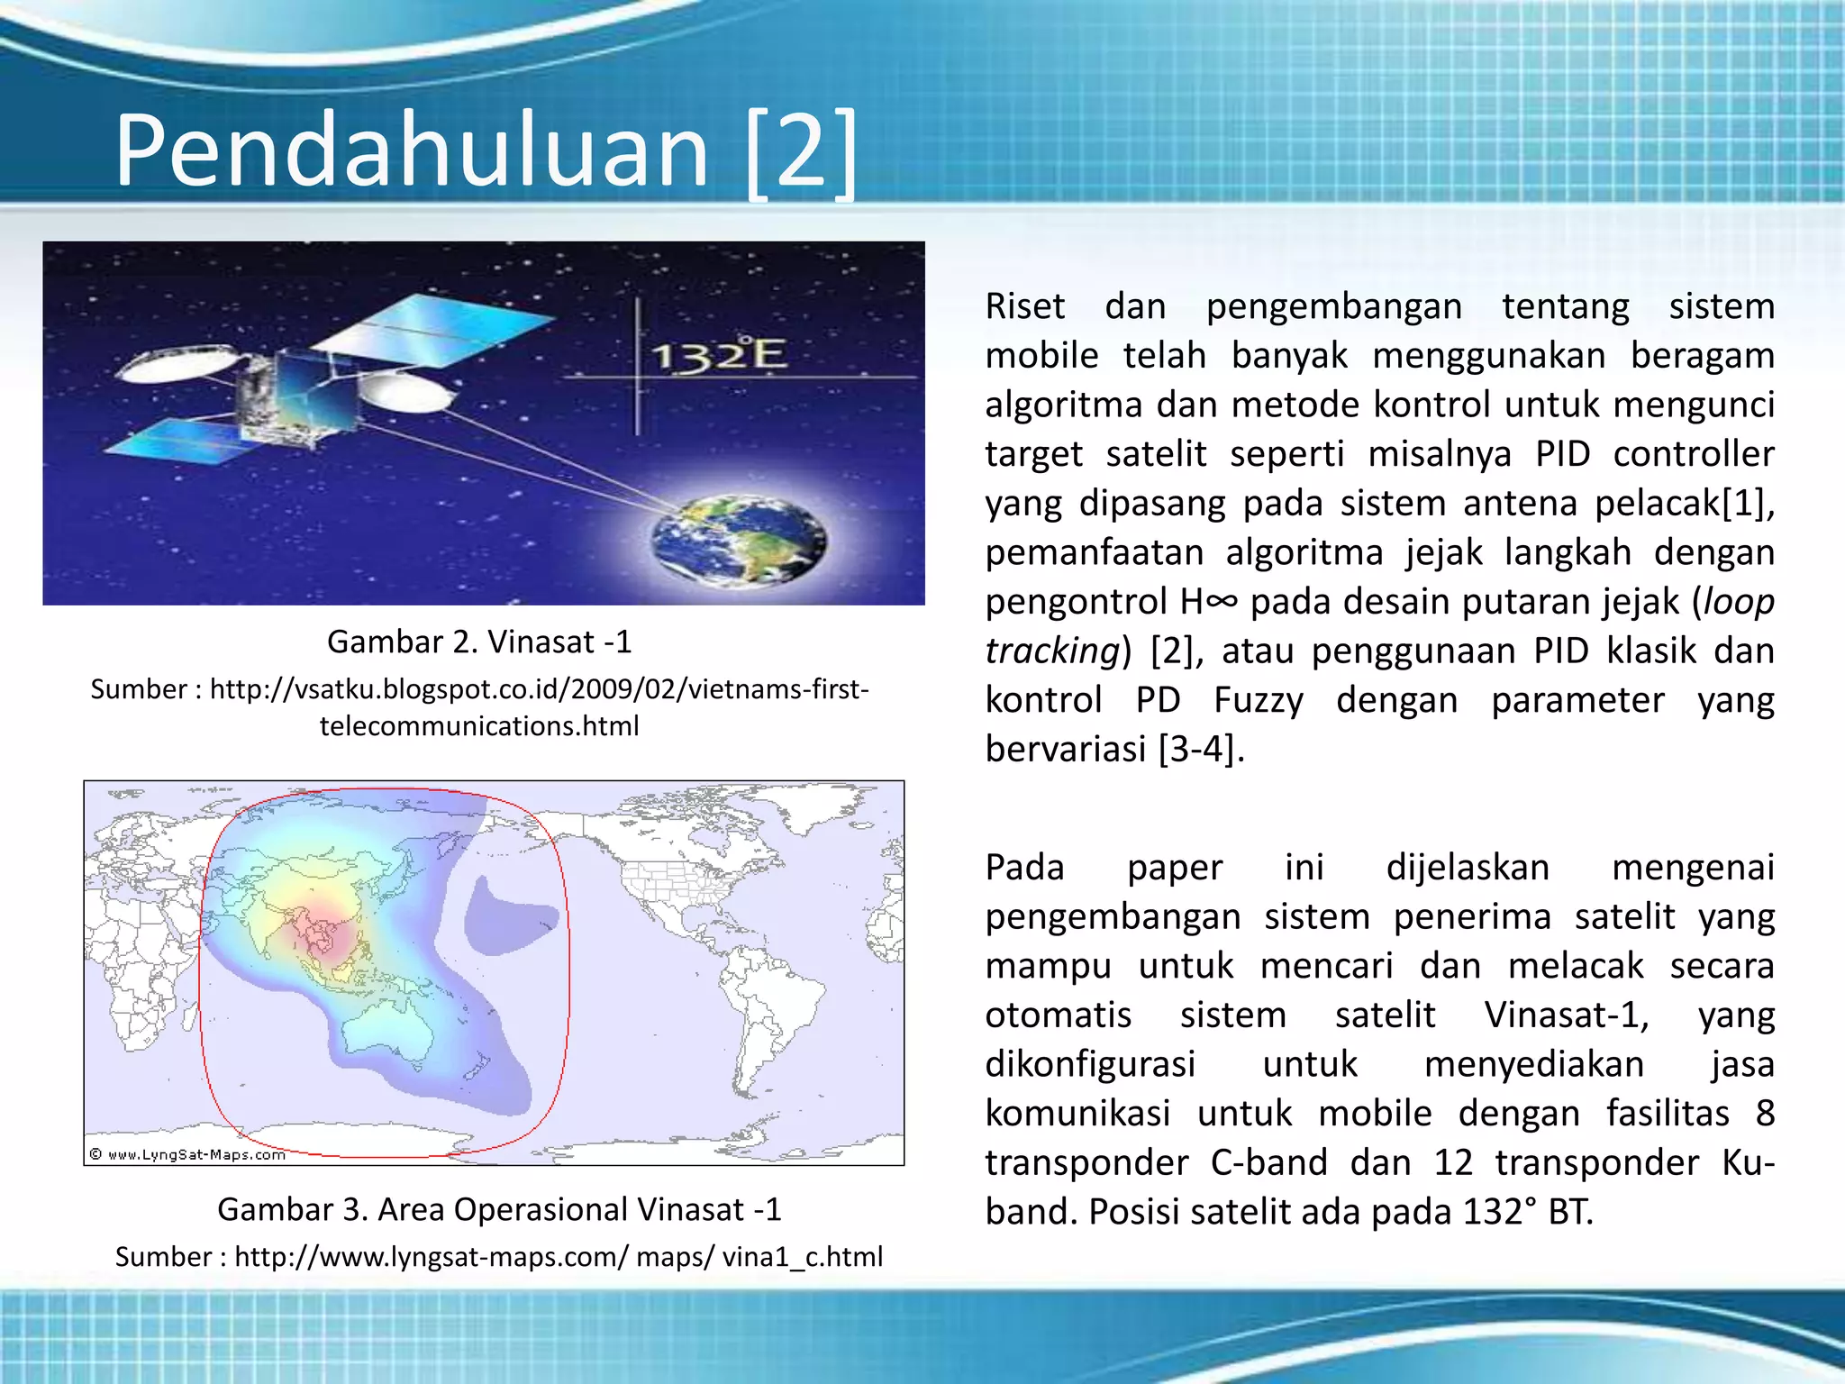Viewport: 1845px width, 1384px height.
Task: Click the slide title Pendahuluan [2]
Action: pyautogui.click(x=486, y=149)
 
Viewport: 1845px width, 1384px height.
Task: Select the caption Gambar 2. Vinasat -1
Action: pyautogui.click(x=479, y=642)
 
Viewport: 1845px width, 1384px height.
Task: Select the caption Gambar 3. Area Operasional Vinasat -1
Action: pyautogui.click(x=499, y=1209)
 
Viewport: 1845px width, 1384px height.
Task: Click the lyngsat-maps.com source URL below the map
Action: pyautogui.click(x=499, y=1256)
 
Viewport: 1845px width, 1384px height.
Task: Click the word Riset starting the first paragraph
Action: pyautogui.click(x=1025, y=306)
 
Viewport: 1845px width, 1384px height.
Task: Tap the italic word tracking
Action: pyautogui.click(x=1051, y=651)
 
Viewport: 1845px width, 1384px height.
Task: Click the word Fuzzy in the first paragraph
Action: pyautogui.click(x=1258, y=700)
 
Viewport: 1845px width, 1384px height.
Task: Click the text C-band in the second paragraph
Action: pyautogui.click(x=1268, y=1162)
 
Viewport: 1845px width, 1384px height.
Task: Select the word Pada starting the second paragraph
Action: pyautogui.click(x=1024, y=868)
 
